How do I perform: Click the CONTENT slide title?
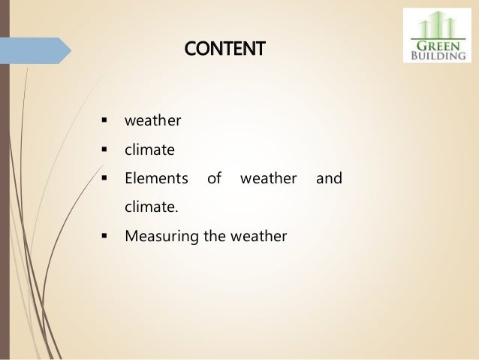tap(225, 50)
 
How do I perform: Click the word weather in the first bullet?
tap(149, 121)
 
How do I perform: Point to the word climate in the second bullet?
tap(149, 150)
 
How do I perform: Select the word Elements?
tap(156, 179)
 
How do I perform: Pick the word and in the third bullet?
tap(329, 179)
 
